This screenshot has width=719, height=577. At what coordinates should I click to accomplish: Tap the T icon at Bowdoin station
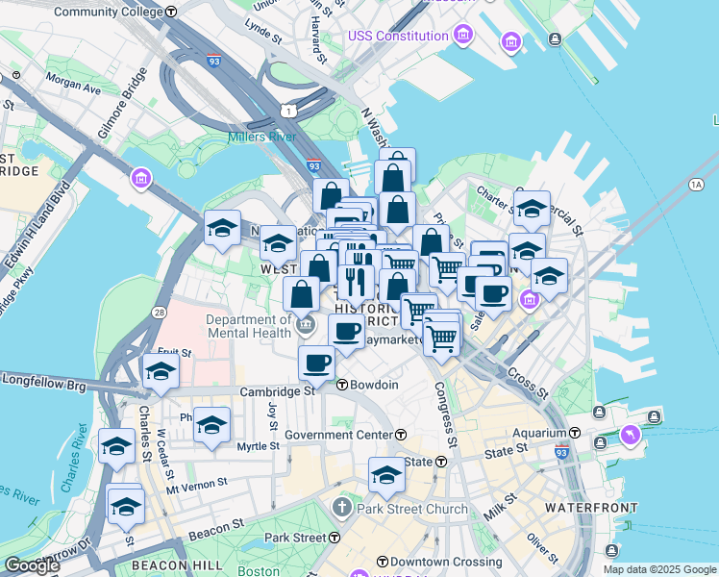(342, 385)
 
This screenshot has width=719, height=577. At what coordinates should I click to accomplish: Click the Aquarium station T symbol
(575, 433)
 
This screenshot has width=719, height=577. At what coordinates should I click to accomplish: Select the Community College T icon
(171, 13)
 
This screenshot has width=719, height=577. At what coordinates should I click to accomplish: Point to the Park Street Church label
(412, 509)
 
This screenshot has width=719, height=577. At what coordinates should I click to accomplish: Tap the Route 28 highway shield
(157, 313)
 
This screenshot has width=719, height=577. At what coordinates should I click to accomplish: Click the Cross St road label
(527, 381)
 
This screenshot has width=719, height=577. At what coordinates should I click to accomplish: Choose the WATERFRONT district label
(591, 507)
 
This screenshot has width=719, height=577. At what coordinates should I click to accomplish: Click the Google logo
(32, 565)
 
